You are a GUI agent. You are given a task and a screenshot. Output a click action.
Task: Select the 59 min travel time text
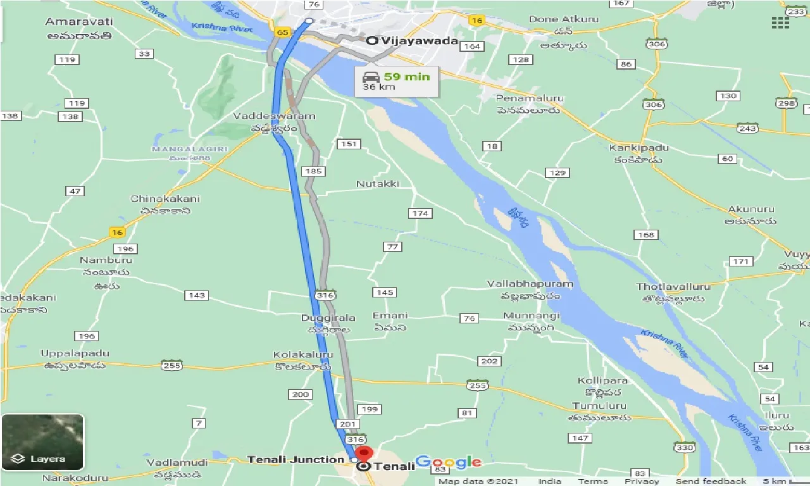(406, 77)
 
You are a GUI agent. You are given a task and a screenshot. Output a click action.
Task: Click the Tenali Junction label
(296, 459)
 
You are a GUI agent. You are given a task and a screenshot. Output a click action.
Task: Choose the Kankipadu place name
(639, 148)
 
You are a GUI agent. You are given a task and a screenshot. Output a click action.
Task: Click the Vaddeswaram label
(274, 116)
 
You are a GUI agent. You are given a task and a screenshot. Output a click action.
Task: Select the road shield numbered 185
(313, 171)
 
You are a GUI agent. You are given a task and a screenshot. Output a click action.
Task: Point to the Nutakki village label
(378, 184)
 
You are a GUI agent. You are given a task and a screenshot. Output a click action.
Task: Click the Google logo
(448, 463)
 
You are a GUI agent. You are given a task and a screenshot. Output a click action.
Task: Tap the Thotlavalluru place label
(673, 287)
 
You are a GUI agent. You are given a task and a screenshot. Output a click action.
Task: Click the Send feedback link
(710, 482)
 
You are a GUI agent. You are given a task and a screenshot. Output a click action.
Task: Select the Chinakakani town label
(165, 199)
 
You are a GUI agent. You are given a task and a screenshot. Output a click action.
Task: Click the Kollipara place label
(602, 380)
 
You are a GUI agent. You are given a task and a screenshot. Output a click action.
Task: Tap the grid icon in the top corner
(780, 23)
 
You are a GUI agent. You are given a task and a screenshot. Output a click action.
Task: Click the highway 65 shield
(283, 32)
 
